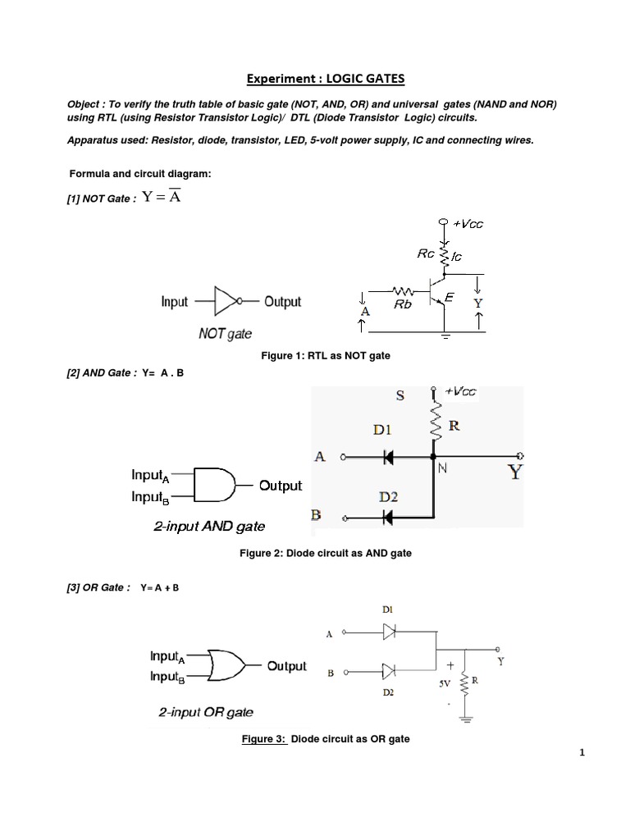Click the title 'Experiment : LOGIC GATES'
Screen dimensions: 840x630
tap(326, 79)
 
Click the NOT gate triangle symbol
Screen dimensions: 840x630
tap(226, 302)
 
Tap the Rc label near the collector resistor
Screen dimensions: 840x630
tap(426, 253)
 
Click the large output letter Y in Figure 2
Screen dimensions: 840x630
tap(515, 473)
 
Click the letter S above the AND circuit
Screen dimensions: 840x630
tap(400, 395)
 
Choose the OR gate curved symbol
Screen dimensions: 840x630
tap(226, 665)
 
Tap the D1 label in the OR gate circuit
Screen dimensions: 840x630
tap(387, 610)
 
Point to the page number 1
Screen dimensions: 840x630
tap(581, 756)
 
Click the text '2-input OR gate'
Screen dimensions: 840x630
tap(206, 712)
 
